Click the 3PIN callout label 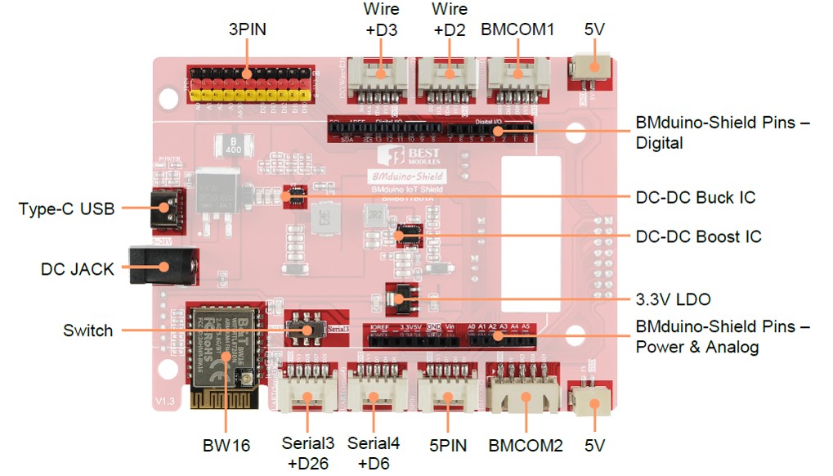tap(248, 30)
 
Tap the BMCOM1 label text tap(517, 30)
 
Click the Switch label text tap(87, 331)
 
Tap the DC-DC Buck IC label tap(695, 198)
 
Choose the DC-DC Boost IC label tap(698, 236)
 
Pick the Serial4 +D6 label tap(374, 453)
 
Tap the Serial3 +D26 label tap(307, 453)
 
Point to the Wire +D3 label tap(381, 20)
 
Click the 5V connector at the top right tap(591, 70)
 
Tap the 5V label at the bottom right tap(594, 446)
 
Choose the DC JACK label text tap(78, 269)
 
